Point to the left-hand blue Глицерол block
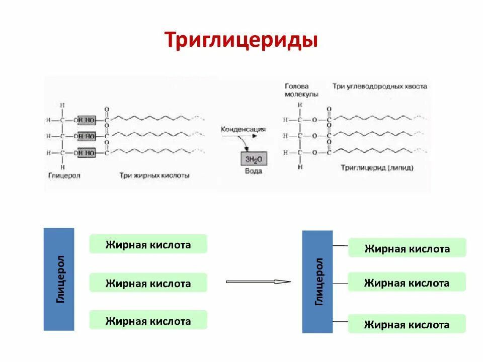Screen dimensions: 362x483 [x=59, y=279]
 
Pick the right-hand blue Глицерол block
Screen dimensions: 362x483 [x=317, y=282]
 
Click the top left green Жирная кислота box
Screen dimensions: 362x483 [x=148, y=244]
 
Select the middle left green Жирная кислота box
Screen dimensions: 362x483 [x=148, y=283]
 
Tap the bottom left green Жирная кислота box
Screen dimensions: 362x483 [x=148, y=320]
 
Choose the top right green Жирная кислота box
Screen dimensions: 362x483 [x=407, y=248]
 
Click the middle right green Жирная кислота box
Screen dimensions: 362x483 [x=407, y=283]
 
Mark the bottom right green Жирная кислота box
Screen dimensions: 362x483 [x=407, y=324]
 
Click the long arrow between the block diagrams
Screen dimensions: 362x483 [x=258, y=282]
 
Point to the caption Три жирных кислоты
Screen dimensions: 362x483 [x=154, y=176]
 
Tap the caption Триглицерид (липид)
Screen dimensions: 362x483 [x=377, y=168]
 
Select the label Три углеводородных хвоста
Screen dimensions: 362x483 [x=379, y=86]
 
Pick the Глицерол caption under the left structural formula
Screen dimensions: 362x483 [x=64, y=176]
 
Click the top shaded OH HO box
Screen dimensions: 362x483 [x=86, y=119]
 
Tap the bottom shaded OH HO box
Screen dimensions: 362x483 [x=86, y=152]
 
